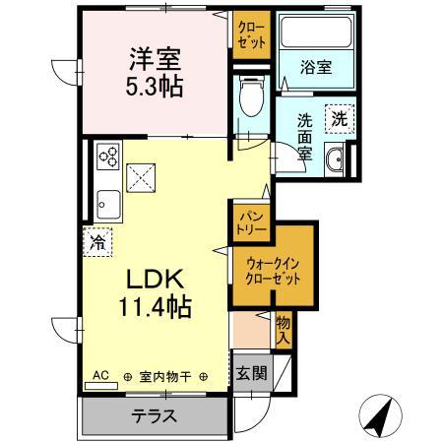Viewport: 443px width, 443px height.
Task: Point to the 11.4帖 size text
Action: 153,307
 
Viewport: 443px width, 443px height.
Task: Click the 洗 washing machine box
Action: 338,118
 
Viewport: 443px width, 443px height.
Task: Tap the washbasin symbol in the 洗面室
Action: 336,159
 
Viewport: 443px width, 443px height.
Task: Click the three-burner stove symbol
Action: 108,156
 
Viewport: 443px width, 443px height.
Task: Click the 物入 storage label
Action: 284,330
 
